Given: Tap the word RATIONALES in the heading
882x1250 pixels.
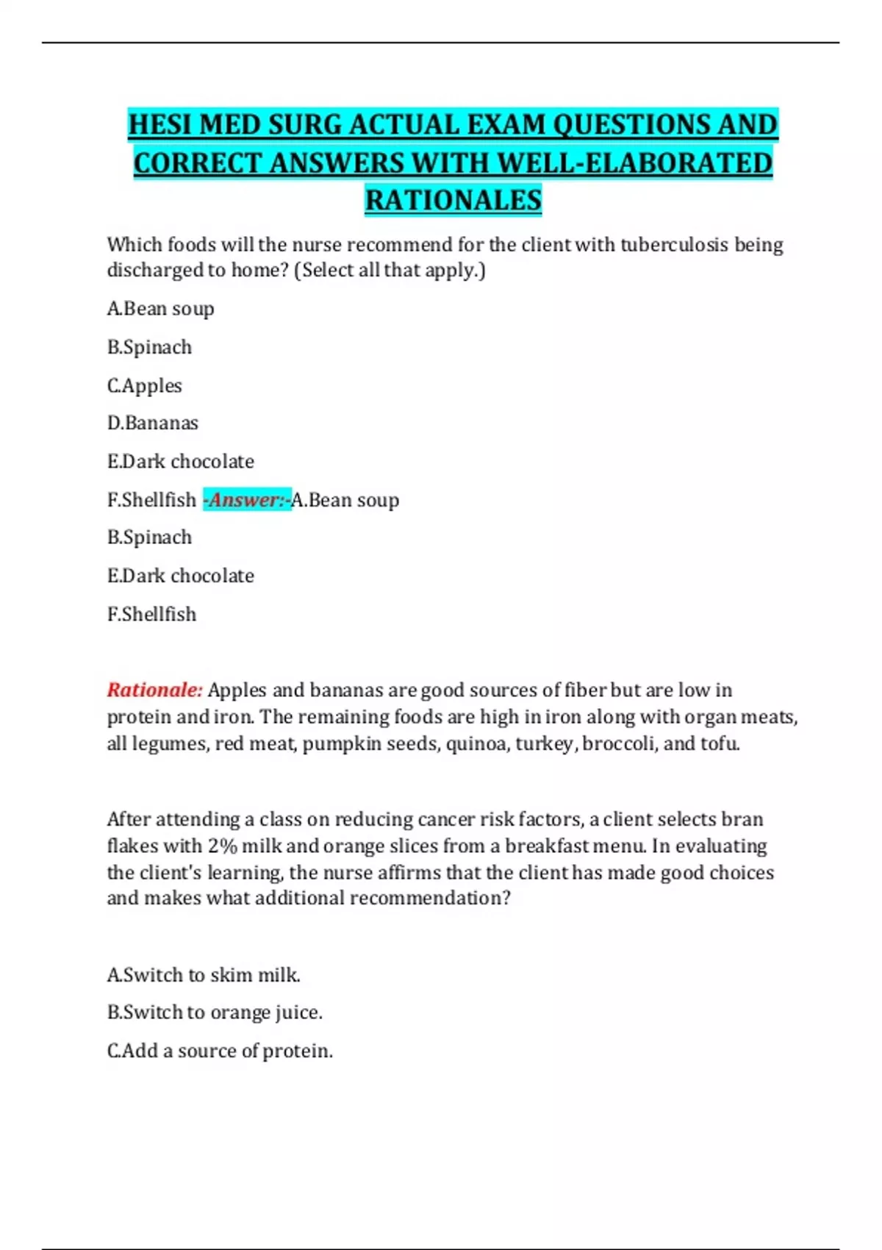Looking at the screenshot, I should click(x=453, y=200).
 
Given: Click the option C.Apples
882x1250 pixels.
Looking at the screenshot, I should click(x=144, y=385).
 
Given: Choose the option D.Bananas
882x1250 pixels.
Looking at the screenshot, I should click(x=152, y=423).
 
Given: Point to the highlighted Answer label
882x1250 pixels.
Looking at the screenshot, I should click(x=247, y=500).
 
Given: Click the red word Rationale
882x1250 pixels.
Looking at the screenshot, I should click(x=154, y=690).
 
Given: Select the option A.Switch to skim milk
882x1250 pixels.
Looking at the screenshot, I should click(x=204, y=975).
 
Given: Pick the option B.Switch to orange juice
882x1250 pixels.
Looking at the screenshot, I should click(x=215, y=1013).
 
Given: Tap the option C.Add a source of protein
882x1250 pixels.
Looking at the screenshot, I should click(x=220, y=1051).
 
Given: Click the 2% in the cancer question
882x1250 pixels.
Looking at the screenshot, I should click(x=222, y=846).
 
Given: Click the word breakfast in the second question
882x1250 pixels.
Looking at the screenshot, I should click(x=547, y=846).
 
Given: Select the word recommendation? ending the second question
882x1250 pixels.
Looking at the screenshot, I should click(x=430, y=898).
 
